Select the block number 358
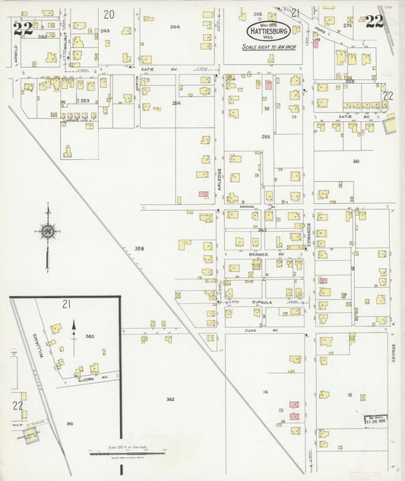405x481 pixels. pyautogui.click(x=139, y=248)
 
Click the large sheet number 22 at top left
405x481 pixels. pyautogui.click(x=23, y=29)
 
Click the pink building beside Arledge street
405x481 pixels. pyautogui.click(x=203, y=194)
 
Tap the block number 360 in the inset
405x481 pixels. pyautogui.click(x=89, y=336)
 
